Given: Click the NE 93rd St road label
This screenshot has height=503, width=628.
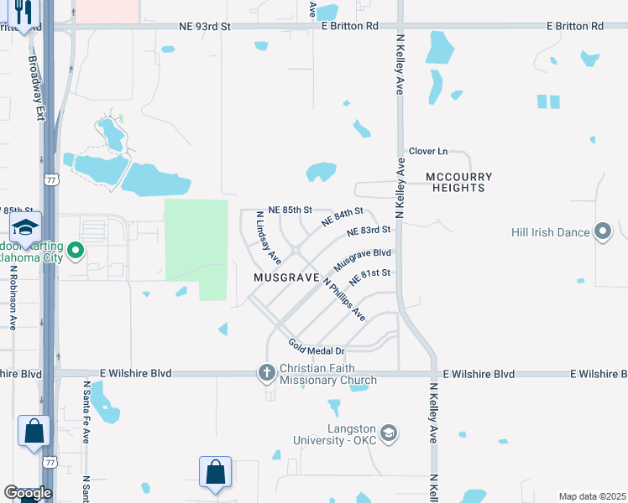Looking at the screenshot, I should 205,27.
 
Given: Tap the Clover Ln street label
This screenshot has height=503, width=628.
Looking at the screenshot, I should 428,152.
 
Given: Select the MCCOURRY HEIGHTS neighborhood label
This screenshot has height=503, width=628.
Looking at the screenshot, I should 458,182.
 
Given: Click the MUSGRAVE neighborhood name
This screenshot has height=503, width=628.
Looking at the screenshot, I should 287,277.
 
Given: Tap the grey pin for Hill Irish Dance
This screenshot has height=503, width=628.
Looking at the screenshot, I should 603,232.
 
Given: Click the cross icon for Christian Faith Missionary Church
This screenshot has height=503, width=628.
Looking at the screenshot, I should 267,372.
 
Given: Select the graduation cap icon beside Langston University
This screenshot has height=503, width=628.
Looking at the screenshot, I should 388,433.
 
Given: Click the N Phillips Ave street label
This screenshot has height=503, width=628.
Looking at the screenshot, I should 343,299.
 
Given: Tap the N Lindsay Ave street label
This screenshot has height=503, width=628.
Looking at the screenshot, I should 268,238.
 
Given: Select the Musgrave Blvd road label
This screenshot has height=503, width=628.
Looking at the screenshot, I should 363,258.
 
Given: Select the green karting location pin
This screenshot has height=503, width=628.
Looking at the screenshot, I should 76,250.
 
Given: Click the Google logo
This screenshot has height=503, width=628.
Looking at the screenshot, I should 28,492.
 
